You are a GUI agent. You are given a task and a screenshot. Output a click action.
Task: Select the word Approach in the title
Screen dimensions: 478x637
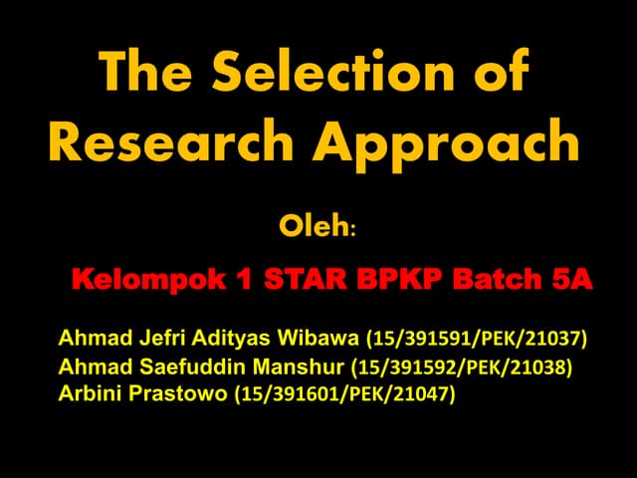click(447, 143)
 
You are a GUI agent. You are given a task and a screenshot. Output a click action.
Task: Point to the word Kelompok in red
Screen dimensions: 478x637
click(142, 281)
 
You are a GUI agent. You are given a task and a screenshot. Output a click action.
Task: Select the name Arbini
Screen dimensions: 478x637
click(93, 395)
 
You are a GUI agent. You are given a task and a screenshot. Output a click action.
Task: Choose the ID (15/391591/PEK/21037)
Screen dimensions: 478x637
click(478, 339)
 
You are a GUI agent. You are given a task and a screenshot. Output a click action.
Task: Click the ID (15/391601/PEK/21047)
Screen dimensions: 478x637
click(343, 395)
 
